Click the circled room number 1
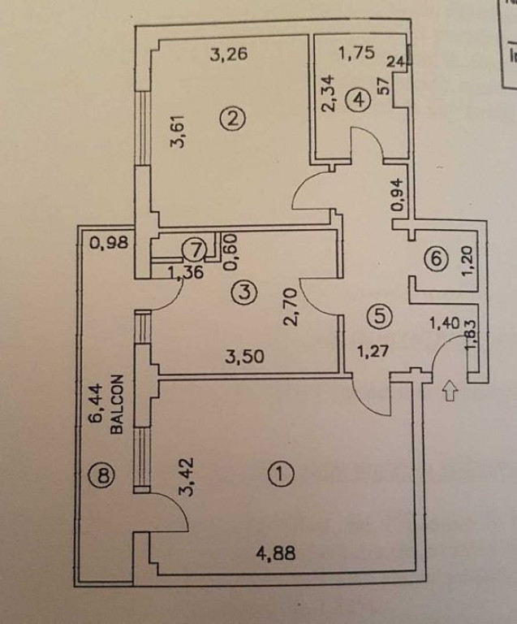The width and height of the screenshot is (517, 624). pyautogui.click(x=281, y=473)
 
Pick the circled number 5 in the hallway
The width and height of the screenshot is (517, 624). pyautogui.click(x=376, y=314)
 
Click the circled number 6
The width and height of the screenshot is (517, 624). pyautogui.click(x=436, y=259)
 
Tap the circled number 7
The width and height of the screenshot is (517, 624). pyautogui.click(x=192, y=249)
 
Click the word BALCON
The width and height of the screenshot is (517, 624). pyautogui.click(x=117, y=404)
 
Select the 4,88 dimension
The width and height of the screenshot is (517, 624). pyautogui.click(x=276, y=556)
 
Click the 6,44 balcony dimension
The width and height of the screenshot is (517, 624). pyautogui.click(x=95, y=404)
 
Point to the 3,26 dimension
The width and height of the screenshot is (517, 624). pyautogui.click(x=228, y=55)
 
